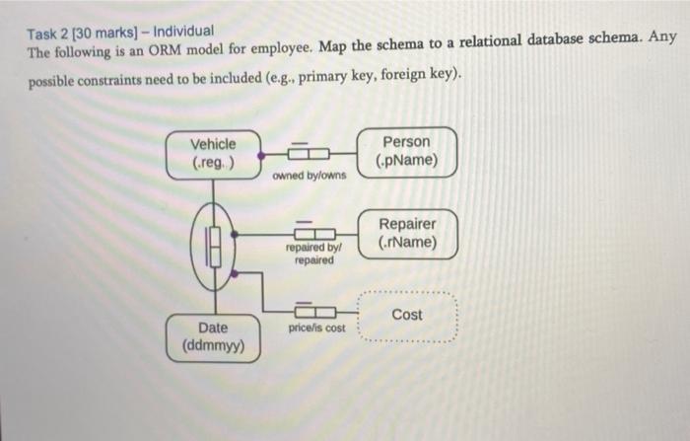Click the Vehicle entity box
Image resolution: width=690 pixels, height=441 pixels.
tap(213, 153)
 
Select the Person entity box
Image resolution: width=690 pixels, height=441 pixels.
tap(407, 151)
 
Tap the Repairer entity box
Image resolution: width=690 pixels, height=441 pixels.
tap(407, 233)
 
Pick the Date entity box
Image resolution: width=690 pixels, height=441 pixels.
tap(213, 336)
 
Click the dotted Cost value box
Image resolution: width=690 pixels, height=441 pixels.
tap(406, 316)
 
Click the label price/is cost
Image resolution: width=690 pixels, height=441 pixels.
tap(316, 327)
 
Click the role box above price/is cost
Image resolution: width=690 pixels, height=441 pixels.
tap(309, 312)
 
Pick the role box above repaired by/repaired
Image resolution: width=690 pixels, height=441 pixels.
tap(309, 235)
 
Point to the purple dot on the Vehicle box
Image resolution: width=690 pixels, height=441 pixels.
tap(261, 154)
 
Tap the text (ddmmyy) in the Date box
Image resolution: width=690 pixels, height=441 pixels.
tap(213, 347)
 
